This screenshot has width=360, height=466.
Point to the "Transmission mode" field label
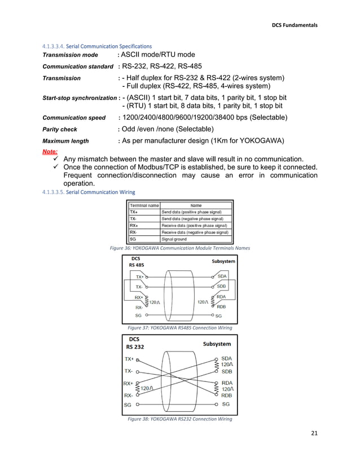tap(71, 55)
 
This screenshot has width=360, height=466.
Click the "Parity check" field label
tap(60, 130)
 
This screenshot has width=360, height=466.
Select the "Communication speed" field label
tap(74, 118)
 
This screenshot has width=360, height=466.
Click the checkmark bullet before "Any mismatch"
tap(56, 160)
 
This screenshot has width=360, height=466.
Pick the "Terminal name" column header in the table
tap(144, 205)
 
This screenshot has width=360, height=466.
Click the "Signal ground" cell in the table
tap(174, 239)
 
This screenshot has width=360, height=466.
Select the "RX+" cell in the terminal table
tap(134, 225)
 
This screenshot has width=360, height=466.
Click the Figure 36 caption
tap(179, 248)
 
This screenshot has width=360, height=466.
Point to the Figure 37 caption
tap(179, 327)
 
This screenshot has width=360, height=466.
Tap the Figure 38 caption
tap(179, 419)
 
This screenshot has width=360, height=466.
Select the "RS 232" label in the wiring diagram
tap(135, 347)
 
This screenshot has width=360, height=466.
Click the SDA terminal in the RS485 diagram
tap(222, 276)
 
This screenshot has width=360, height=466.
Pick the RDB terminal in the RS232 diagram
tap(226, 395)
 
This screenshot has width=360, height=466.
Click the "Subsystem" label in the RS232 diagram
tap(217, 344)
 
